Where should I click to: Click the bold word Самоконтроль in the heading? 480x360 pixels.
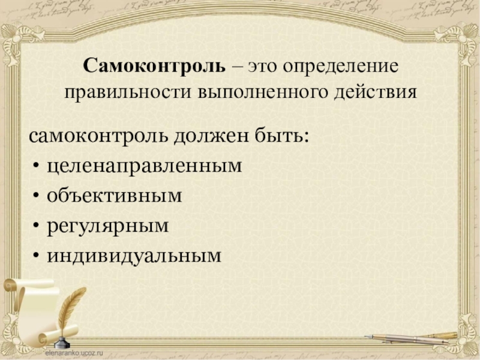[154, 65]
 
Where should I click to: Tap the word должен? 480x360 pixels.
[214, 135]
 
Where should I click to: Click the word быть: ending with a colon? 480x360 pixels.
[284, 135]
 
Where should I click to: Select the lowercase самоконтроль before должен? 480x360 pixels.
[100, 135]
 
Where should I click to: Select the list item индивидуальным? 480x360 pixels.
[134, 256]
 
